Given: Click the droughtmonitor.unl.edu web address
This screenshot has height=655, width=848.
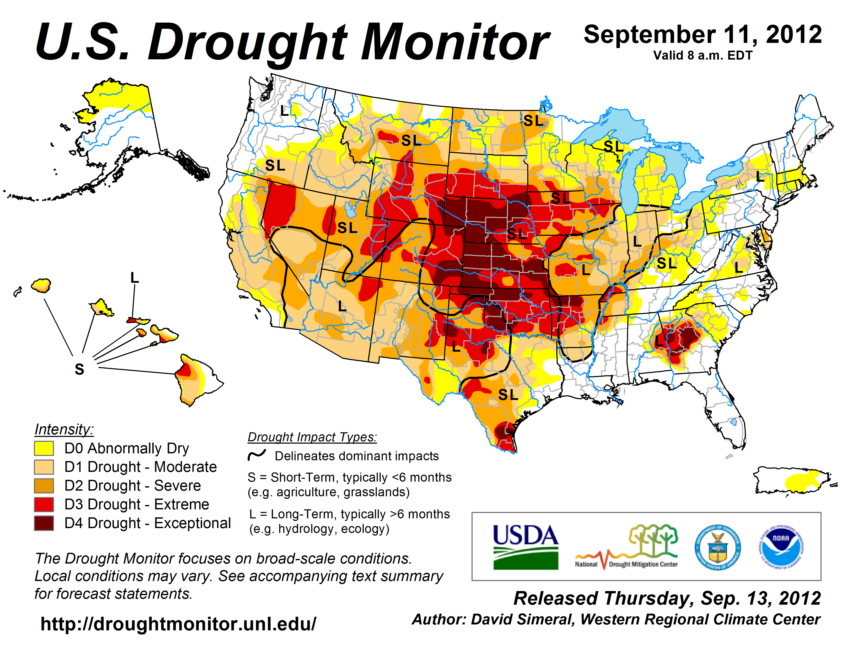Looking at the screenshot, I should click(x=178, y=624).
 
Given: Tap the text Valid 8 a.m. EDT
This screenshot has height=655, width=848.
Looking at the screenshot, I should click(x=703, y=55).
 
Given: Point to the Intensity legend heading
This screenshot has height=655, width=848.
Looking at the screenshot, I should click(x=64, y=429).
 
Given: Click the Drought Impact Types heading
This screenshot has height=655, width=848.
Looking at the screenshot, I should click(x=312, y=437).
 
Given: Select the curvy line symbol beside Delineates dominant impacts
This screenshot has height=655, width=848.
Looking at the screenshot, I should click(x=257, y=455).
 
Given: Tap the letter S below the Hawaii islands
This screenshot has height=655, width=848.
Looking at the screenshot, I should click(x=79, y=369).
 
